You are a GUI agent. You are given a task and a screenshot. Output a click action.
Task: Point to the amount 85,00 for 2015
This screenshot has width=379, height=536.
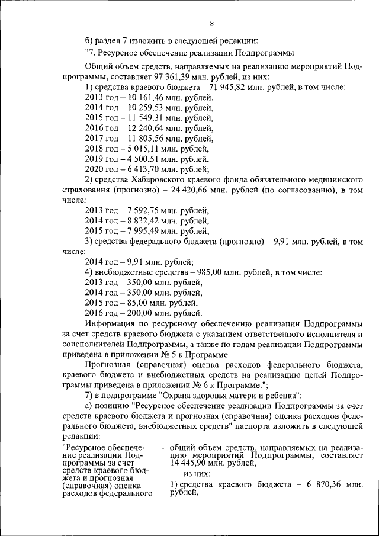(x=132, y=303)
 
